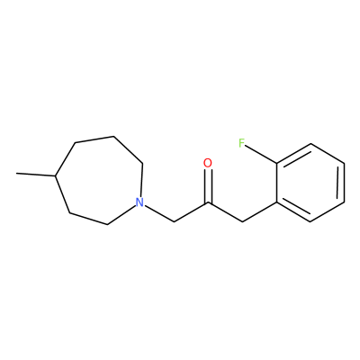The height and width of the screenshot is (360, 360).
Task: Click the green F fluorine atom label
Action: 242,143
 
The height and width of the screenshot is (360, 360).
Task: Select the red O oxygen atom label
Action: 208,163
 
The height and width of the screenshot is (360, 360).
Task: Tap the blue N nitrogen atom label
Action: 139,202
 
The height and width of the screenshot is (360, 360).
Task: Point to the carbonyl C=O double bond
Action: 208,186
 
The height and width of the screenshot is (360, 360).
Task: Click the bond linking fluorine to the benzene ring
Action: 261,154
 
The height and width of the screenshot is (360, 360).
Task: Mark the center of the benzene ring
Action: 310,183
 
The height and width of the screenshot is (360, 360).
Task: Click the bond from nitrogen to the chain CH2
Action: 159,213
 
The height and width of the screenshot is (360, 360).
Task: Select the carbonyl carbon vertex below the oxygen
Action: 208,202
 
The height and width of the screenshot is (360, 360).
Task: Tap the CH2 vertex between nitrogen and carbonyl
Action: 175,222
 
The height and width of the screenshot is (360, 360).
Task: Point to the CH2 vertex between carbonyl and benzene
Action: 242,222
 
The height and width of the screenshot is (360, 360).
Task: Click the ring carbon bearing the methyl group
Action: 55,175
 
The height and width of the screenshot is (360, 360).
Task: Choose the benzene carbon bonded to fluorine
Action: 276,164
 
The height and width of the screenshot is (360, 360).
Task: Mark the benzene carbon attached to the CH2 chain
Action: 276,202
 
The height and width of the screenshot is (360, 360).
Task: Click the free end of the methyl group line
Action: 16,173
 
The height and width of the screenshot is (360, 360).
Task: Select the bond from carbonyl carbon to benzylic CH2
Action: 225,212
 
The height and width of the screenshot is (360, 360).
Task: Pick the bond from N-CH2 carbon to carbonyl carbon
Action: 191,212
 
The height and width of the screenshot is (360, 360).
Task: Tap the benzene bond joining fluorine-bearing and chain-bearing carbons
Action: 276,183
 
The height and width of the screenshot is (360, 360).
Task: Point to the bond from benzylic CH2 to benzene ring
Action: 259,212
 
